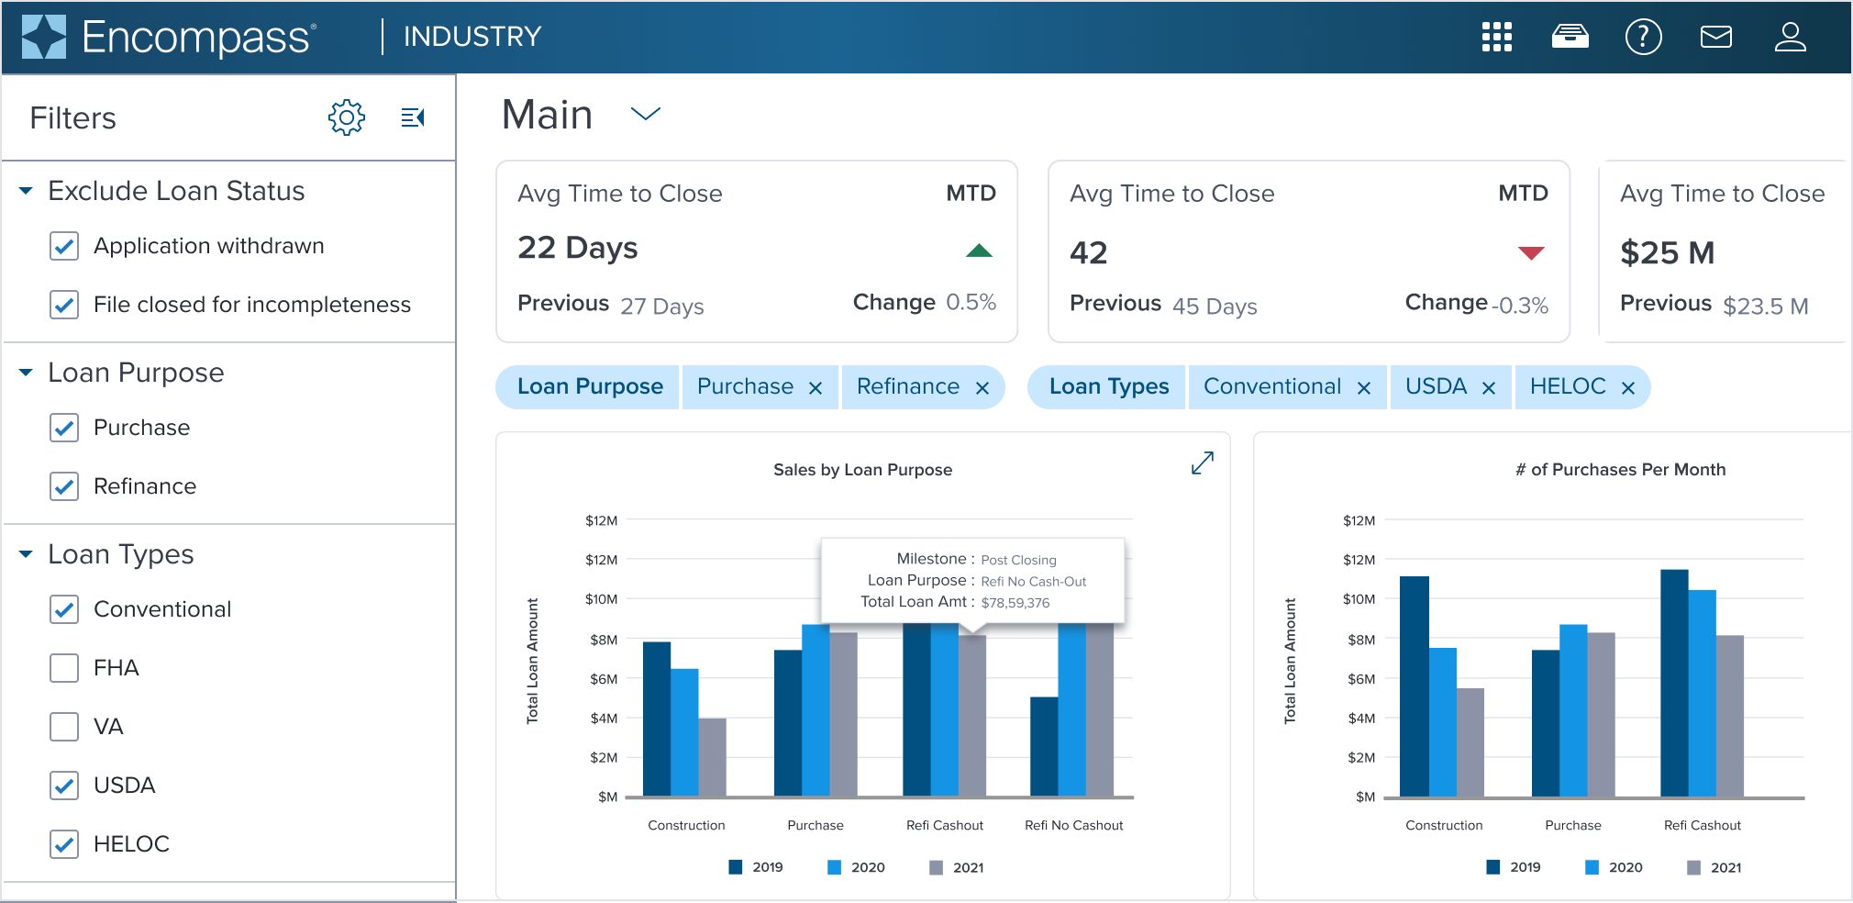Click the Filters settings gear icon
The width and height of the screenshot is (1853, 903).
pyautogui.click(x=347, y=117)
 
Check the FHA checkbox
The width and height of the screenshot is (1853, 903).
pyautogui.click(x=64, y=668)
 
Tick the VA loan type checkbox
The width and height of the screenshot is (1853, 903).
pyautogui.click(x=64, y=727)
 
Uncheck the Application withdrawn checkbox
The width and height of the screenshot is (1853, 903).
pyautogui.click(x=64, y=246)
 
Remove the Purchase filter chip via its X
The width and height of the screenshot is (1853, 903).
pyautogui.click(x=816, y=388)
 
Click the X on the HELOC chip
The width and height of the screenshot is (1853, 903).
pyautogui.click(x=1628, y=388)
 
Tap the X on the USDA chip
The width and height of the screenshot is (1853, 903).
pyautogui.click(x=1489, y=388)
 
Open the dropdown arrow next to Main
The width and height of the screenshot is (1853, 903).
pyautogui.click(x=646, y=114)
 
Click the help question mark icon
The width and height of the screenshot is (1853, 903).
pyautogui.click(x=1643, y=37)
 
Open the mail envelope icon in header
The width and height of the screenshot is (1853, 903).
pyautogui.click(x=1715, y=37)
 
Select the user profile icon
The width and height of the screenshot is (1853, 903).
pyautogui.click(x=1790, y=37)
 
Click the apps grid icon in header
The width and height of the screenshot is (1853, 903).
pyautogui.click(x=1496, y=37)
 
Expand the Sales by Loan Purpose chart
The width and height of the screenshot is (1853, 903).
pyautogui.click(x=1202, y=463)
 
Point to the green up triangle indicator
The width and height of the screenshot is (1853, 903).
pyautogui.click(x=979, y=251)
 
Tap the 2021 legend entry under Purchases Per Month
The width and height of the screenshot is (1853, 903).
pyautogui.click(x=1714, y=867)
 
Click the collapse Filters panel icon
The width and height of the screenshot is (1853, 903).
pyautogui.click(x=413, y=117)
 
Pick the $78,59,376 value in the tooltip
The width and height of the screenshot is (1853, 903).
pyautogui.click(x=1015, y=603)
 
